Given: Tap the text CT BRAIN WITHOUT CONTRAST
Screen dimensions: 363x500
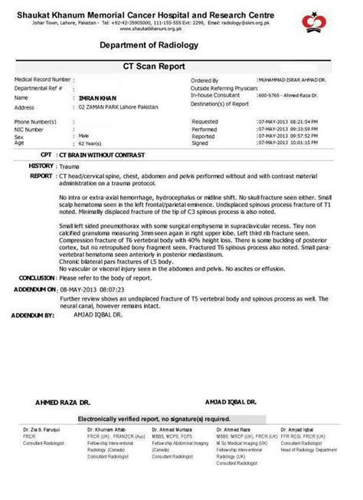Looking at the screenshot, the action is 94,154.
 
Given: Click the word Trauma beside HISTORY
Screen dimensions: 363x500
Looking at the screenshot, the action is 70,165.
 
